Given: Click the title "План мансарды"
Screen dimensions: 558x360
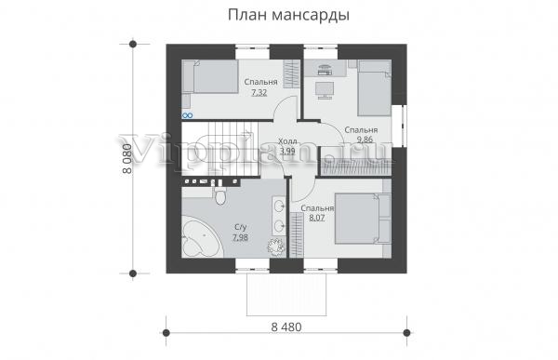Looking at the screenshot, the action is point(288,15).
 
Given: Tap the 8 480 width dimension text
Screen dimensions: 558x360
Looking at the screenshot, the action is point(286,327).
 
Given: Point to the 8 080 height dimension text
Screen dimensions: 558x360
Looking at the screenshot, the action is point(127,159).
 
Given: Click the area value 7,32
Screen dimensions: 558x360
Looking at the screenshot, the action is point(259,93).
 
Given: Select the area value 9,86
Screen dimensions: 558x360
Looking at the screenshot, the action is point(365,140).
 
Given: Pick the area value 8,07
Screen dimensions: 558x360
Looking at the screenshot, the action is point(317,218).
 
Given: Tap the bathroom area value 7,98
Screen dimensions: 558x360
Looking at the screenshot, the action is point(240,237).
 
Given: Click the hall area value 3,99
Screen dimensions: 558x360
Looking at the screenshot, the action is point(287,151).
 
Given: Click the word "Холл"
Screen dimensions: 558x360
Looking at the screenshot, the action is point(287,141).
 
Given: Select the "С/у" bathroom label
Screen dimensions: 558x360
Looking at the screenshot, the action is point(241,227).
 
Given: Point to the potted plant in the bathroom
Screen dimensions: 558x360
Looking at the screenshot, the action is point(276,247).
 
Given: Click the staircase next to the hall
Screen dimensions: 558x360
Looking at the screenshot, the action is point(219,149).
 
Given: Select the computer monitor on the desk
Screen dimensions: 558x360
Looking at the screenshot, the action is point(325,90).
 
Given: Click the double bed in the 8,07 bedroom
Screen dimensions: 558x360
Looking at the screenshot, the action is point(363,219).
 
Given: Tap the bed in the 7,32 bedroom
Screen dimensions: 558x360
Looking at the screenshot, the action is point(210,76).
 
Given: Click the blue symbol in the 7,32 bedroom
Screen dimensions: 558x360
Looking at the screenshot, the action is point(188,115).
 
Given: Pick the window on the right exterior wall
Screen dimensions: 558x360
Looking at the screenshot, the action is point(404,126).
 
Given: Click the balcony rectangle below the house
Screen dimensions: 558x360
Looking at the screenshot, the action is point(286,295).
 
